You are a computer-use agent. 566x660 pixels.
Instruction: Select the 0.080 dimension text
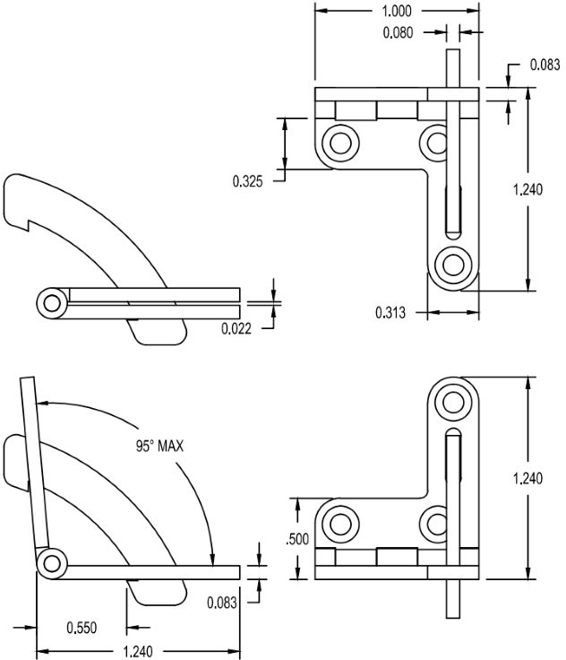pos(398,33)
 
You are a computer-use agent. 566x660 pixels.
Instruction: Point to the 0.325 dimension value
pos(248,181)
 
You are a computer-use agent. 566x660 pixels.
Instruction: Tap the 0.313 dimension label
pos(390,313)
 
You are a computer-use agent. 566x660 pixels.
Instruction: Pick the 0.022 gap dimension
pos(236,328)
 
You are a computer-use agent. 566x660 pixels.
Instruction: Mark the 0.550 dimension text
pos(81,627)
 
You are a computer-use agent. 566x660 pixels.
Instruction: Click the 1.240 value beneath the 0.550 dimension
pos(137,651)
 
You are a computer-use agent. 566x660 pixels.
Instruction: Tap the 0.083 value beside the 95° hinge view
pos(221,603)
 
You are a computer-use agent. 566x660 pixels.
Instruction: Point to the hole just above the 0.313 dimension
pos(453,265)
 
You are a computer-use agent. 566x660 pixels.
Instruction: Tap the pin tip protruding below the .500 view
pos(453,601)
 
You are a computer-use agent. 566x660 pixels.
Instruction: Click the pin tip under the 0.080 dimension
pos(453,67)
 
